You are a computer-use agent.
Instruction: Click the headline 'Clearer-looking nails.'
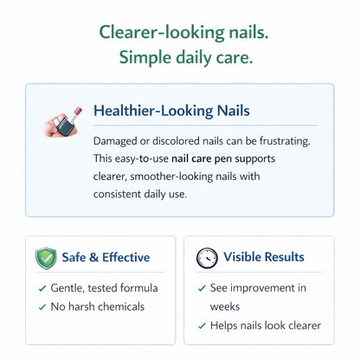tap(183, 31)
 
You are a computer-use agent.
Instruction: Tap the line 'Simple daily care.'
tap(183, 59)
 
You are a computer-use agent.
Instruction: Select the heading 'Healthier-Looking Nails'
tap(170, 111)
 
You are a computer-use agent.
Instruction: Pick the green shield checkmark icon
tap(46, 258)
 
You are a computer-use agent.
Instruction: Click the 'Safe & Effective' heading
tap(106, 257)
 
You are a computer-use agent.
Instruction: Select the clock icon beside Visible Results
tap(206, 258)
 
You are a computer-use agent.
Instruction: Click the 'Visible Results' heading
tap(263, 257)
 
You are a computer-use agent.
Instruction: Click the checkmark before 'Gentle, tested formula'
tap(42, 288)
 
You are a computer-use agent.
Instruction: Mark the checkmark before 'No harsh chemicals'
tap(42, 307)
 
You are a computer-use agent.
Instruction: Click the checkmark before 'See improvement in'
tap(202, 288)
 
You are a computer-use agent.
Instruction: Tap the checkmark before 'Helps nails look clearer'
tap(202, 326)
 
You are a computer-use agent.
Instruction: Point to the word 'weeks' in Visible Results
tap(227, 306)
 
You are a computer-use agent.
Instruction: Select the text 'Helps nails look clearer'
tap(266, 325)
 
